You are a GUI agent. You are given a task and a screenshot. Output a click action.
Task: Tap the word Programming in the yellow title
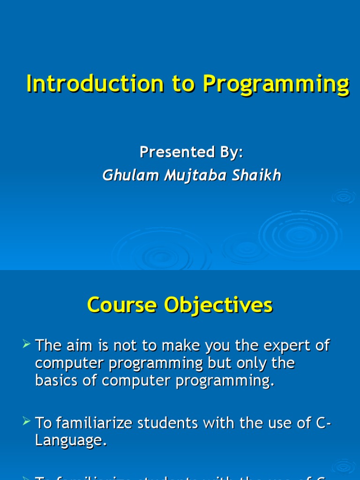click(276, 85)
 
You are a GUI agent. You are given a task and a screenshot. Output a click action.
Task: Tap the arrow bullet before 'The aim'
click(26, 345)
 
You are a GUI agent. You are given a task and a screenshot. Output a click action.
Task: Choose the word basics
click(59, 381)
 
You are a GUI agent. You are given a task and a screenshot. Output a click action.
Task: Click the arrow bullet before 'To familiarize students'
click(26, 423)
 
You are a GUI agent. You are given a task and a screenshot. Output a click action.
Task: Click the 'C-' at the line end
click(324, 423)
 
